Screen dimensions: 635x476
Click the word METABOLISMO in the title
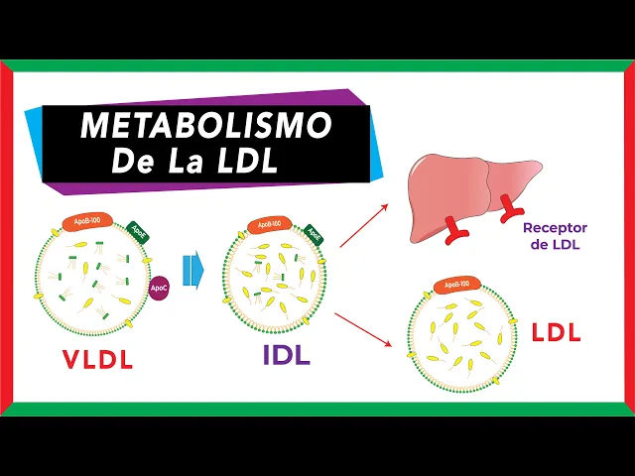(205, 126)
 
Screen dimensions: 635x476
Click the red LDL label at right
(556, 332)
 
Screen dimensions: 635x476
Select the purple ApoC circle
(159, 288)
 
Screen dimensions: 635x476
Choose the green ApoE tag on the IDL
(314, 234)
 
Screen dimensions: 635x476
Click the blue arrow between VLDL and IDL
(191, 268)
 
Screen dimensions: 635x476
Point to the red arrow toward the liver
(362, 223)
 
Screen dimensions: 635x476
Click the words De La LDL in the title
(194, 160)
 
